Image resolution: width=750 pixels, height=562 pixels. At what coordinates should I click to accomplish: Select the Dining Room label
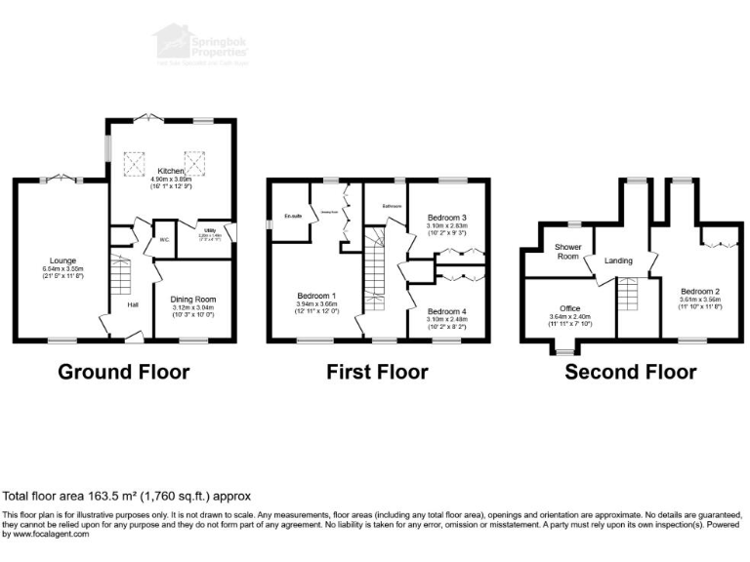[x=192, y=299]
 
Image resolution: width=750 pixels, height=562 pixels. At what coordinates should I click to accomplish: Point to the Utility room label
[x=210, y=231]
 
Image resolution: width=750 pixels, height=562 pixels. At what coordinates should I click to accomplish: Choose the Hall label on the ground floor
[x=132, y=305]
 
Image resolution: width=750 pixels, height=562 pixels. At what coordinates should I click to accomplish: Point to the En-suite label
[x=292, y=216]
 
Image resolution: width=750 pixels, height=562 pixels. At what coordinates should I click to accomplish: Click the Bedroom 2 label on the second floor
[x=701, y=291]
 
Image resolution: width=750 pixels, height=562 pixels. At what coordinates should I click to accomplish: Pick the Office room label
[x=569, y=308]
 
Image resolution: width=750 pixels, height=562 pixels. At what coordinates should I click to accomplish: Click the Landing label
[x=618, y=261]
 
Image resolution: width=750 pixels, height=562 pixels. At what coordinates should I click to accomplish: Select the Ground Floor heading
[x=124, y=372]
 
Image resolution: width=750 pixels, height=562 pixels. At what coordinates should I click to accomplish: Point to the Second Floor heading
[x=631, y=372]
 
